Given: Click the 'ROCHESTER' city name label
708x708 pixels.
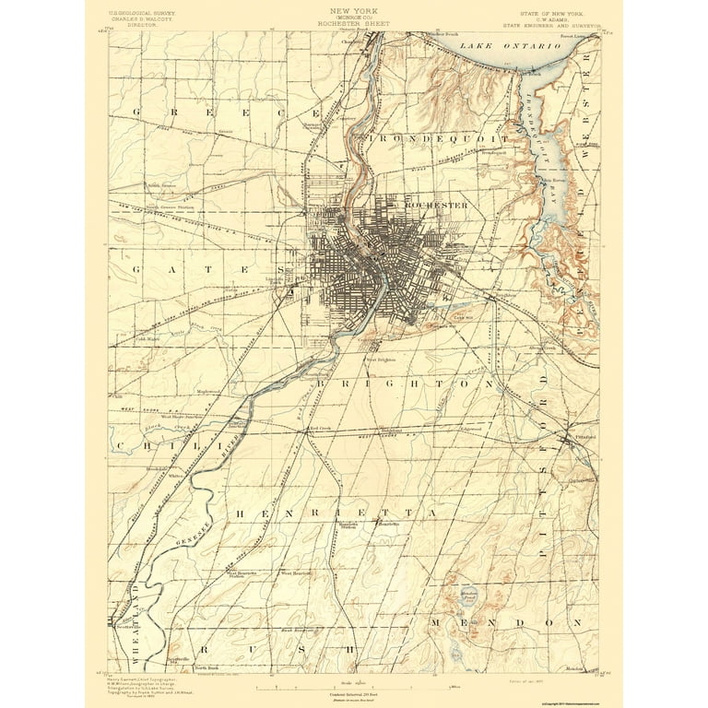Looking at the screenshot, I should tap(437, 205).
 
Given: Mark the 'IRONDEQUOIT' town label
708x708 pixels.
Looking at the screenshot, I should tap(439, 138).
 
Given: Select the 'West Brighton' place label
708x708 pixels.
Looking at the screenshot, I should tap(380, 360).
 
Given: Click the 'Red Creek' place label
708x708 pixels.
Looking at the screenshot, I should tap(320, 428).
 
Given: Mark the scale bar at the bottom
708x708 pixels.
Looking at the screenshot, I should tap(354, 687).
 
